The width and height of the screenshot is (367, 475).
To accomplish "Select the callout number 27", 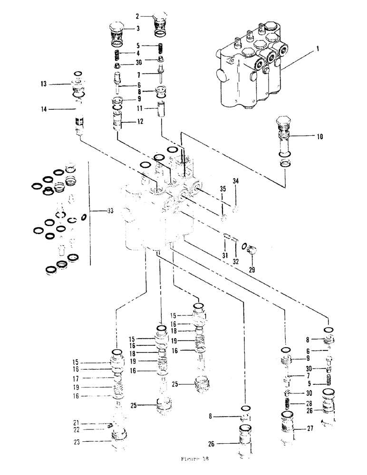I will (303, 430).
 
